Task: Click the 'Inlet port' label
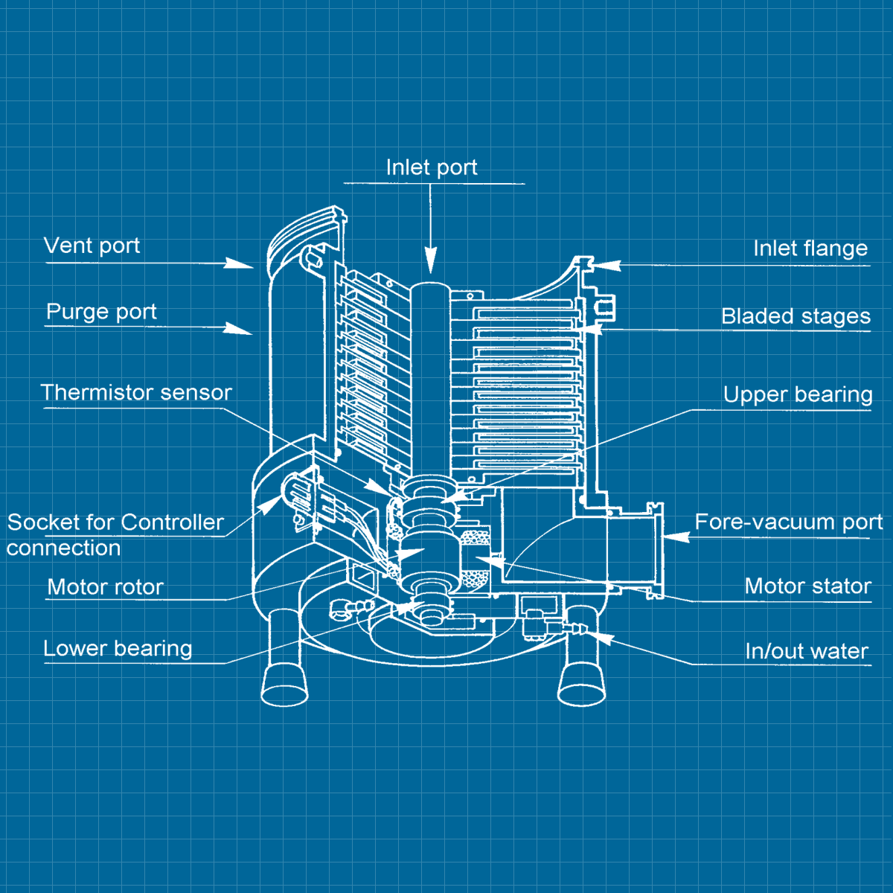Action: click(432, 168)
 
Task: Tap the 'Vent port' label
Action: click(92, 246)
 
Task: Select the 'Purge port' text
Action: click(101, 311)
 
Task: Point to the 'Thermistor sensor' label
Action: click(136, 392)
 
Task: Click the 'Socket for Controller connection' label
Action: click(115, 534)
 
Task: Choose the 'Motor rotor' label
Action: click(105, 587)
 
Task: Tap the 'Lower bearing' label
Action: click(118, 649)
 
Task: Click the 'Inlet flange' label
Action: click(810, 249)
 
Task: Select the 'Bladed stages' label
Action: click(796, 316)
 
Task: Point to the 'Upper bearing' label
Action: click(798, 394)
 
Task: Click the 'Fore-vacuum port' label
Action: click(788, 522)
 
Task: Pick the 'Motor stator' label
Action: click(807, 586)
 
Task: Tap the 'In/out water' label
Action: click(807, 652)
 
